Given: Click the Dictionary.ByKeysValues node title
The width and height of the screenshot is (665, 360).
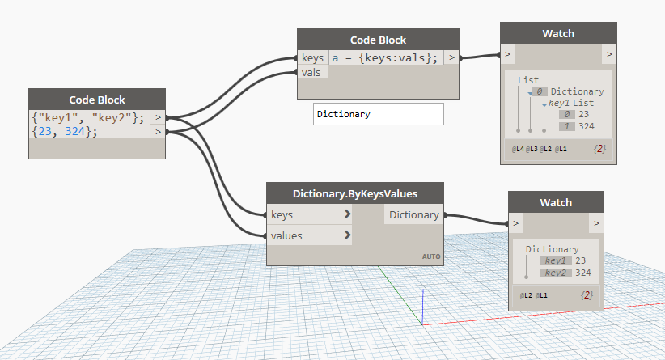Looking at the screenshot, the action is [355, 194].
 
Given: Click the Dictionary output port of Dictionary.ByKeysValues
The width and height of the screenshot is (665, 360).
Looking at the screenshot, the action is [414, 215].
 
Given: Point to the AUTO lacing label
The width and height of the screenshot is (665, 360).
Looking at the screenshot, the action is [431, 256].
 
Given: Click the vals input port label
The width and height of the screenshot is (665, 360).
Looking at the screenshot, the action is [311, 73].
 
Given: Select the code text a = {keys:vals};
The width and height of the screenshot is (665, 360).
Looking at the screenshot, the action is [384, 57].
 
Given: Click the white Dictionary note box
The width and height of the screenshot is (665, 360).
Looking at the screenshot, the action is [379, 114].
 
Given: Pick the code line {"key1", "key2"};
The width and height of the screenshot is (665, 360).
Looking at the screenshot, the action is [88, 117].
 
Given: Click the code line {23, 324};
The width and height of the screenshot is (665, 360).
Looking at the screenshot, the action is [65, 131].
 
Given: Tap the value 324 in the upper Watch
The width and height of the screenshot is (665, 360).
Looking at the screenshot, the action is [586, 126].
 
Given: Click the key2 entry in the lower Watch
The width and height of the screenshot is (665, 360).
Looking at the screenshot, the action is [555, 273].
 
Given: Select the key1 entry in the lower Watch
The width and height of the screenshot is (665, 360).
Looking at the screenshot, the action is [555, 260].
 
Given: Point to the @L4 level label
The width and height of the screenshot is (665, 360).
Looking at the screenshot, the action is [518, 149].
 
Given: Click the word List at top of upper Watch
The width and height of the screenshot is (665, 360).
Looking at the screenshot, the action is [528, 80].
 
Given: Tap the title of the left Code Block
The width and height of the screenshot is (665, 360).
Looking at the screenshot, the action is [97, 100].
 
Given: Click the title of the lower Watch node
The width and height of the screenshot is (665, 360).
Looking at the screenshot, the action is [556, 203].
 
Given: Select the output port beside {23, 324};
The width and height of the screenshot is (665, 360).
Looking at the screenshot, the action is [158, 132].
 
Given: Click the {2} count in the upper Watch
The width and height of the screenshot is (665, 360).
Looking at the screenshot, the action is [599, 149].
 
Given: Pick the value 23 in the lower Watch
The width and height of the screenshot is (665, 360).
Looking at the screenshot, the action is [580, 260].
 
